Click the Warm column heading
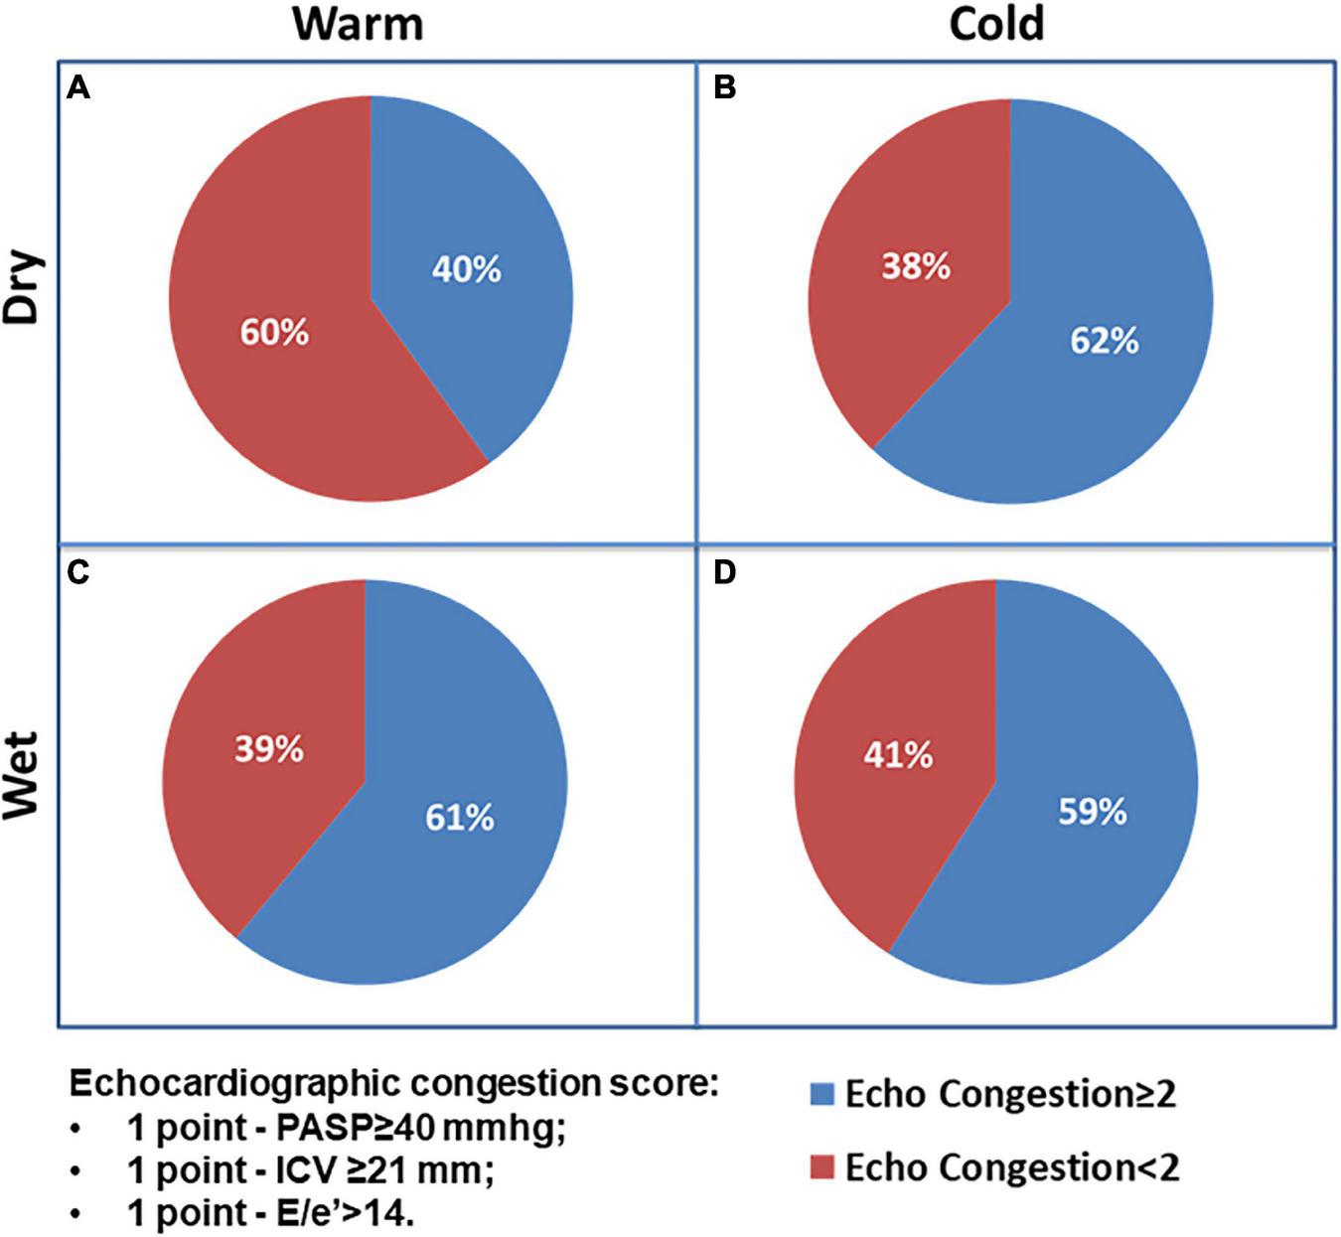click(358, 24)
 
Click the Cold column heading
click(996, 24)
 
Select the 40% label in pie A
click(466, 269)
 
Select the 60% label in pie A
click(274, 332)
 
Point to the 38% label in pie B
click(916, 266)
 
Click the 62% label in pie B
click(1104, 341)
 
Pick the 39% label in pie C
click(269, 749)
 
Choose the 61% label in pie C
click(460, 818)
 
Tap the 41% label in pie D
click(898, 756)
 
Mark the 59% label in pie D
click(1093, 812)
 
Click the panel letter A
click(78, 89)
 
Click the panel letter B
click(725, 89)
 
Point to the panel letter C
click(78, 573)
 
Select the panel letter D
click(725, 573)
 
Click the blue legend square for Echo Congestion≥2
click(821, 1094)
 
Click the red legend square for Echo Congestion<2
click(821, 1167)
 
